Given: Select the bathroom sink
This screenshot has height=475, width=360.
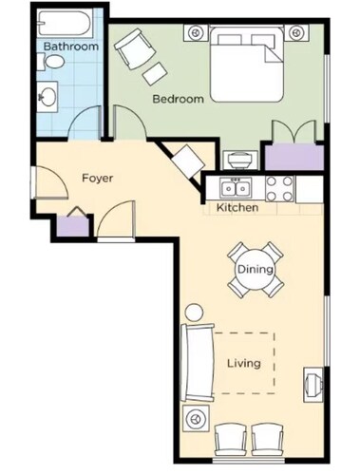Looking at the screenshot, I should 48,95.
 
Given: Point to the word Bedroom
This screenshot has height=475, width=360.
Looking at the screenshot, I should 178,98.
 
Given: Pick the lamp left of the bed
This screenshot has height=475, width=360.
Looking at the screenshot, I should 198,31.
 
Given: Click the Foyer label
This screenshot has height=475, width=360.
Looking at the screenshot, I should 99,178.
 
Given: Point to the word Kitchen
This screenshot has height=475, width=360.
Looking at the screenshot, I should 237,207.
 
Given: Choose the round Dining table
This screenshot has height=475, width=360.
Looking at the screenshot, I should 256,270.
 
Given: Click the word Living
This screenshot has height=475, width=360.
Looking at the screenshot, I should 243,363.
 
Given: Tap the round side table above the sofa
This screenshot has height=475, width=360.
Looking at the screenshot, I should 195,312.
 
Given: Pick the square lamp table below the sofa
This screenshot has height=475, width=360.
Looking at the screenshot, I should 198,418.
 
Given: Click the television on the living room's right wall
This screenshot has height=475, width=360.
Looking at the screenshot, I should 311,384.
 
